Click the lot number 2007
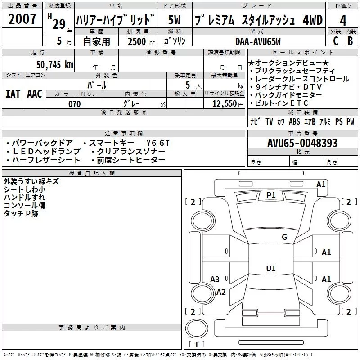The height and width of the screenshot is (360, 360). click(x=22, y=20)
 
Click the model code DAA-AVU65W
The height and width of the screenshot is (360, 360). click(x=258, y=42)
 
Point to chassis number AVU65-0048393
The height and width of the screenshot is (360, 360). click(x=302, y=144)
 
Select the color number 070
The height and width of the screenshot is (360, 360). click(x=74, y=104)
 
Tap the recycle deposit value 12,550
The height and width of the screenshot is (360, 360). click(x=224, y=104)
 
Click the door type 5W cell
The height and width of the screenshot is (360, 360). click(x=175, y=20)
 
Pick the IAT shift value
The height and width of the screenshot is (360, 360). click(x=13, y=94)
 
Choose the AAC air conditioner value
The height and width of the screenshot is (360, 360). click(x=35, y=94)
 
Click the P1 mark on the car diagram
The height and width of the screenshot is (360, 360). click(x=271, y=195)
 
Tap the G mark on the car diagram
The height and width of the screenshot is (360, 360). click(x=284, y=237)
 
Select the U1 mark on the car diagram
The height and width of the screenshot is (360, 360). click(x=270, y=269)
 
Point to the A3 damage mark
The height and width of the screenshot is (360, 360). click(x=215, y=279)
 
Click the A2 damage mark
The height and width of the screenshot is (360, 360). click(x=221, y=292)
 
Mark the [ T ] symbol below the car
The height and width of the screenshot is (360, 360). click(x=197, y=344)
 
